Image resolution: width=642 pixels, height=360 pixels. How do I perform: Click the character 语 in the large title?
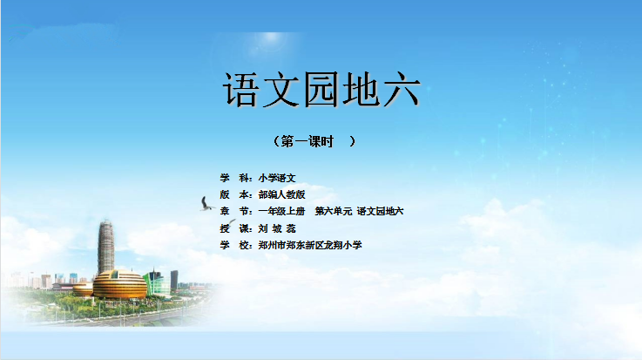(241, 90)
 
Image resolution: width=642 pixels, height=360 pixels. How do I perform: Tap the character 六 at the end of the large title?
(402, 90)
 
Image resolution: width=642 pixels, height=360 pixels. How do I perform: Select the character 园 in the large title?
(321, 90)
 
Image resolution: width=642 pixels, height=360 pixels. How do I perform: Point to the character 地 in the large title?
(362, 90)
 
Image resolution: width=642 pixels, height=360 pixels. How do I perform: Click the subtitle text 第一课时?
(307, 141)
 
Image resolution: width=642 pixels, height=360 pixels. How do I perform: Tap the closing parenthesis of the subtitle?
(352, 141)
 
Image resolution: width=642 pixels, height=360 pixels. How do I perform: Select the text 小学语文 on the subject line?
(277, 178)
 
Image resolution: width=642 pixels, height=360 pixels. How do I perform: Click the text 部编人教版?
(281, 194)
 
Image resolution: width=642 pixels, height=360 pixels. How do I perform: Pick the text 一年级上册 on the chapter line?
(281, 211)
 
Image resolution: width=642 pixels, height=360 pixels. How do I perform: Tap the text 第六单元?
(334, 211)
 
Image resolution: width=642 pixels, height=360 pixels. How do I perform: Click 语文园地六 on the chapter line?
(381, 211)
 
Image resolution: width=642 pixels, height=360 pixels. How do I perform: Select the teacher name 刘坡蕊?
(277, 228)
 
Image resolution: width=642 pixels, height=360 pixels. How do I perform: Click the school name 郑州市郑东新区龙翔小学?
(310, 245)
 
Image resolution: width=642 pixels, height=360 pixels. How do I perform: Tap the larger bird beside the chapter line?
(206, 204)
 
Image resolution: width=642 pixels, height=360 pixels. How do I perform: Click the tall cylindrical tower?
(105, 247)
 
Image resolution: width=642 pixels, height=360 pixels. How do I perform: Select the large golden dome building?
(119, 284)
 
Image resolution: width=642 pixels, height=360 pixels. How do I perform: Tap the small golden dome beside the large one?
(83, 289)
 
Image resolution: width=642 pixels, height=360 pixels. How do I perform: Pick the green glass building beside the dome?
(157, 282)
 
